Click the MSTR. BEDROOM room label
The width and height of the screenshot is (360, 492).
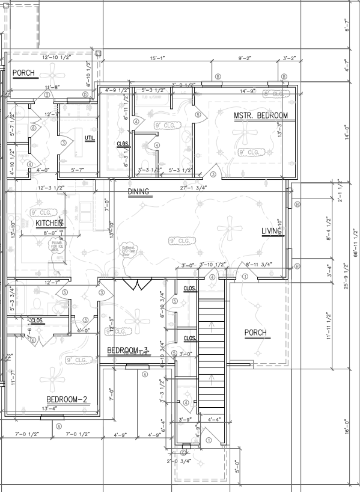(261, 115)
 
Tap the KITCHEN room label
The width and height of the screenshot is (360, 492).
(49, 223)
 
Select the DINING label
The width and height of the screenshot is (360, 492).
(138, 192)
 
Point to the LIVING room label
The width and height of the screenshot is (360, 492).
(272, 232)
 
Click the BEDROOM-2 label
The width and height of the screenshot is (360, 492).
(67, 399)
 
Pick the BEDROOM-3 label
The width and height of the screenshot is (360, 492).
(128, 350)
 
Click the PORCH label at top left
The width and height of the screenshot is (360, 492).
(23, 73)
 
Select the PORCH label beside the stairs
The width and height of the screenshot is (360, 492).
(255, 333)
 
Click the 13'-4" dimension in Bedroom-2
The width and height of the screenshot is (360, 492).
(49, 409)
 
